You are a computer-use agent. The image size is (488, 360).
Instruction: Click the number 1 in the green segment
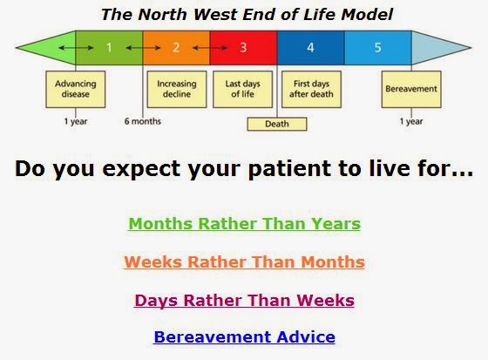tap(109, 48)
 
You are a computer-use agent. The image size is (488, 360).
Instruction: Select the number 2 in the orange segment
tap(175, 48)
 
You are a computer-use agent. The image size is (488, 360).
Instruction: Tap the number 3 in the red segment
tap(243, 48)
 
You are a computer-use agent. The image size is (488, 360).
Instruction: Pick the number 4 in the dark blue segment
tap(310, 48)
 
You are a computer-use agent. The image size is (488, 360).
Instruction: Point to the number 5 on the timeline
tap(377, 48)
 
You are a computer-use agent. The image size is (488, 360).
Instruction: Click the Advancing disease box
tap(74, 89)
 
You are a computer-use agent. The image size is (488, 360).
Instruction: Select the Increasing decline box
tap(176, 89)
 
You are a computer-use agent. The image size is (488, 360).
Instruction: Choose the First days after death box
tap(311, 89)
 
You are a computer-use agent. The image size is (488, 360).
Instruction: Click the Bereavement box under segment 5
tap(411, 89)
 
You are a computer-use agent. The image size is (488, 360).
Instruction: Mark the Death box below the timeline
tap(277, 124)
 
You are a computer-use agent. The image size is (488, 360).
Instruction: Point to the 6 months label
tap(143, 121)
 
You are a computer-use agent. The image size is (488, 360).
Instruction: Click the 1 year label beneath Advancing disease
tap(75, 121)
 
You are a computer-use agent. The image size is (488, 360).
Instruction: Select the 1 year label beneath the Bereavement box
tap(411, 121)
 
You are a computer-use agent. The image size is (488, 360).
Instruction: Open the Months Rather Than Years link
tap(244, 224)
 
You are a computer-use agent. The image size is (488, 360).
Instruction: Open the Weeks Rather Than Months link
tap(244, 262)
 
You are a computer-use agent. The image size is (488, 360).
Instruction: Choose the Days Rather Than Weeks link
tap(244, 301)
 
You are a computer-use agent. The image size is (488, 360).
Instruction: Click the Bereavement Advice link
tap(244, 337)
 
